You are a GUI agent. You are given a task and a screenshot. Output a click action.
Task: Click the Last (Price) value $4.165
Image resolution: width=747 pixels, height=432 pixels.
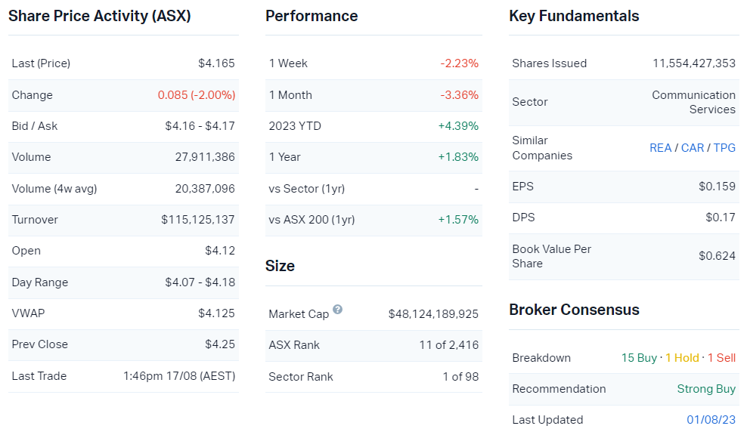[216, 63]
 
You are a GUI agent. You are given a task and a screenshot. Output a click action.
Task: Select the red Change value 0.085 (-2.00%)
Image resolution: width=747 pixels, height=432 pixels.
[197, 95]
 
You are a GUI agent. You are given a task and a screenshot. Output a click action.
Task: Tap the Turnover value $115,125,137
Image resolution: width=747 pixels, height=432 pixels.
[198, 220]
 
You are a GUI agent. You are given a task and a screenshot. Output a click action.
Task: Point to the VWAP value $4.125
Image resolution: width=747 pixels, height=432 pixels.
[216, 313]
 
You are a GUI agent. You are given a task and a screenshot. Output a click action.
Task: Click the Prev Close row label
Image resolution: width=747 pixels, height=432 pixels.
[40, 344]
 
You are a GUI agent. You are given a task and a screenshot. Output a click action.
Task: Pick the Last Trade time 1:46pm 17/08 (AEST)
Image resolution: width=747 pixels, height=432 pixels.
[179, 376]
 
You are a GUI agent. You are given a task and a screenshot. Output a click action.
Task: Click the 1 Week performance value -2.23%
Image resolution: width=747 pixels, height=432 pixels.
[460, 63]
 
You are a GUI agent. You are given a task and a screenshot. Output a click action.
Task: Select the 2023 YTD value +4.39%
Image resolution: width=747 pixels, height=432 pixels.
[458, 126]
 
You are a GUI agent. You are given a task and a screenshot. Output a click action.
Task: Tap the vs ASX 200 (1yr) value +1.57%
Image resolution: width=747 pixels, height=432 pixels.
[458, 220]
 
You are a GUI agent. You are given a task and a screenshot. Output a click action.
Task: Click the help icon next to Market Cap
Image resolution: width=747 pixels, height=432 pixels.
[337, 310]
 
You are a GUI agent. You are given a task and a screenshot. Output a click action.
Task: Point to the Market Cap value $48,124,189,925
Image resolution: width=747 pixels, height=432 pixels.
[433, 313]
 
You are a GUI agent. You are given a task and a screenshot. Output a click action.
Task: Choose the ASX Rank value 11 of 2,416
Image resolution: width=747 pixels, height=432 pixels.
[449, 345]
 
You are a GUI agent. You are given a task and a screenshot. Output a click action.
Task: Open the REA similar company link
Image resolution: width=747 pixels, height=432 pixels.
[660, 148]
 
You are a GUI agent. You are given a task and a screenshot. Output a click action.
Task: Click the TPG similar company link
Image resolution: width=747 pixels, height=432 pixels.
[724, 148]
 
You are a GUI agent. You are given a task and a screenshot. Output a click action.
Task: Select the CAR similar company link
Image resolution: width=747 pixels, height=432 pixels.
[693, 148]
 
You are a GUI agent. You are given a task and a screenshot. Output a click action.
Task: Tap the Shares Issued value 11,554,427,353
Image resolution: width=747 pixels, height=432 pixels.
[694, 63]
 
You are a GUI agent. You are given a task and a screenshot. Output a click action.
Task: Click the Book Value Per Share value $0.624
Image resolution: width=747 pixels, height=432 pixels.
[717, 256]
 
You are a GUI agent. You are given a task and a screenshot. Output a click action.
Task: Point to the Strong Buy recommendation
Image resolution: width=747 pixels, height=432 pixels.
[706, 389]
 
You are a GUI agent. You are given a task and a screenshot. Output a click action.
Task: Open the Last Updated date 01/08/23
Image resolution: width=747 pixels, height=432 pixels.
[711, 420]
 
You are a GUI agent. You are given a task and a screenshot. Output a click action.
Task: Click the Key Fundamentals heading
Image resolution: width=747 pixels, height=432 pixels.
[574, 16]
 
